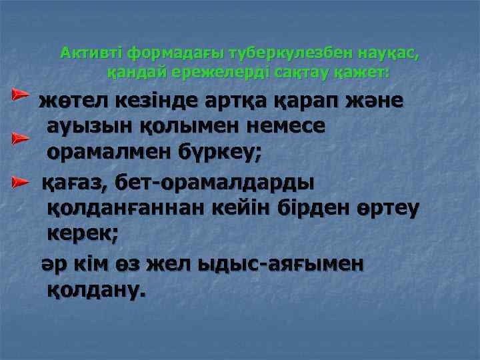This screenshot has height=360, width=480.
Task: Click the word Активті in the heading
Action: pyautogui.click(x=92, y=52)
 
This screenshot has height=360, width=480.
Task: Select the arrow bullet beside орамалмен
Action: pyautogui.click(x=19, y=139)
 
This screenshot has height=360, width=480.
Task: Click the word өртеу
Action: pyautogui.click(x=383, y=208)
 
